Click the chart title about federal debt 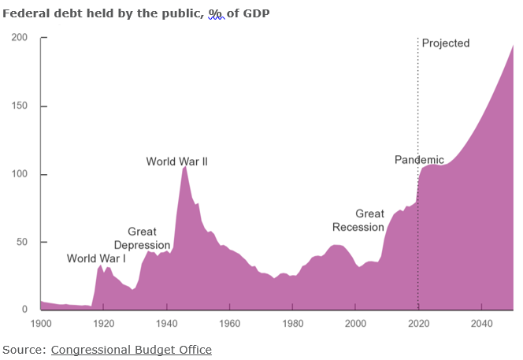pos(136,13)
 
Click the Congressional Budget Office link pos(131,349)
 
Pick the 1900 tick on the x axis pos(40,323)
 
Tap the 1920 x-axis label pos(103,323)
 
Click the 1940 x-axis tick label pos(166,323)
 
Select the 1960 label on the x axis pos(229,323)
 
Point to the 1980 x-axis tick pos(292,323)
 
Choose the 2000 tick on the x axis pos(356,323)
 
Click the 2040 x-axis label pos(482,323)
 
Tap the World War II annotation pos(176,161)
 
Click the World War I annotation pos(96,258)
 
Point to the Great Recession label pos(358,221)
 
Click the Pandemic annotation pos(419,160)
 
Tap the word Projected pos(445,43)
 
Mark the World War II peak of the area pos(185,167)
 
